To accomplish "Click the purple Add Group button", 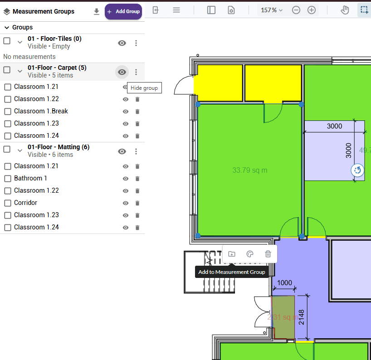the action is [123, 11].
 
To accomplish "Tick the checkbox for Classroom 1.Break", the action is [8, 112].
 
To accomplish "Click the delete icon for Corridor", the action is [137, 203].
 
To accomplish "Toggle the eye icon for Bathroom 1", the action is [126, 179].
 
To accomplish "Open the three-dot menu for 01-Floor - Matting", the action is [136, 151].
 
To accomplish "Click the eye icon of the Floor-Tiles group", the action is [122, 43].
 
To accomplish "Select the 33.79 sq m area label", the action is [250, 170].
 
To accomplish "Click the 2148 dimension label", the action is [301, 317].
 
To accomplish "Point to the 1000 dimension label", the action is [284, 282].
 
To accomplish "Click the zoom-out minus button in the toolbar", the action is [296, 10].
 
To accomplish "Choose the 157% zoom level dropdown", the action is [272, 10].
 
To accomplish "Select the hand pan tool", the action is [345, 10].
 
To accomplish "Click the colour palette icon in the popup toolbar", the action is [250, 254].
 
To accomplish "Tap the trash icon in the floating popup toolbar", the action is [268, 254].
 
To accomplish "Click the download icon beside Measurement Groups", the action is [96, 11].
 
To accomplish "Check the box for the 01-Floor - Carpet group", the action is [7, 70].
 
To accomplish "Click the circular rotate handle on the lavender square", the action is [357, 170].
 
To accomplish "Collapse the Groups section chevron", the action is [7, 28].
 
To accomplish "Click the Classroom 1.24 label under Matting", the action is [36, 227].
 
